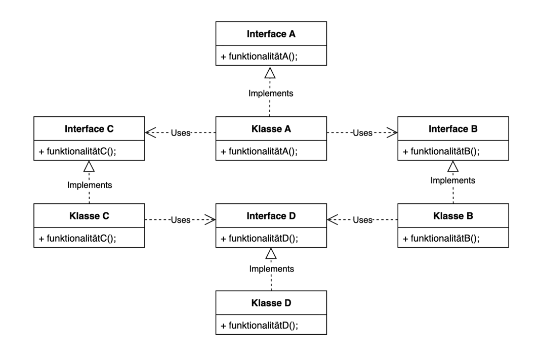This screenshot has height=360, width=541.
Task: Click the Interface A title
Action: point(271,34)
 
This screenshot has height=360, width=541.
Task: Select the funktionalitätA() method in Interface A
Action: point(259,56)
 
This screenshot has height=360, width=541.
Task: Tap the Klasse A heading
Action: point(271,129)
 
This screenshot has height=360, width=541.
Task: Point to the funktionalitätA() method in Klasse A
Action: point(259,151)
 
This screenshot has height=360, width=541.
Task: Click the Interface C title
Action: point(89,129)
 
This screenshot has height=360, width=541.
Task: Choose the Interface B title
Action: point(453,129)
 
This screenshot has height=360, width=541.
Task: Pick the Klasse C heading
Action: point(89,216)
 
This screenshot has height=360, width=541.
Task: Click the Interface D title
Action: point(271,216)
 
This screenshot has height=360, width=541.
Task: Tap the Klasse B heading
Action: point(453,216)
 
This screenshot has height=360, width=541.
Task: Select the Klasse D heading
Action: point(271,303)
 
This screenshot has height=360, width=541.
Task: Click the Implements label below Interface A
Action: point(271,94)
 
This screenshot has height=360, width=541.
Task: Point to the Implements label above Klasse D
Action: point(272,269)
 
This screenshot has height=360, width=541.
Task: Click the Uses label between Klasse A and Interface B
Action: point(362,133)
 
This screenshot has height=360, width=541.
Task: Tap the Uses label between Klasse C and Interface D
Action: point(181,220)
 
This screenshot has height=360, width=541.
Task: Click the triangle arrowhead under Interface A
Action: point(270,73)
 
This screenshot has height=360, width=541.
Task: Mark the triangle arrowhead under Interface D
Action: point(271,253)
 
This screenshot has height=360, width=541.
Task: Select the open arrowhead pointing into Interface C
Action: point(150,132)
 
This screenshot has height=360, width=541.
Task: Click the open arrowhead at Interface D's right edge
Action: point(332,219)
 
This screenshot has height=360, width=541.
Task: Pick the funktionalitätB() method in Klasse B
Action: point(441,238)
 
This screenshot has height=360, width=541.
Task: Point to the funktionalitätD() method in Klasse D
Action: point(259,326)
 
